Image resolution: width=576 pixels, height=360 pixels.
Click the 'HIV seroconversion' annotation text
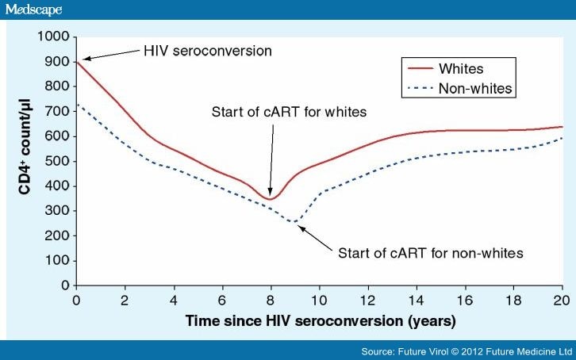[x=208, y=51]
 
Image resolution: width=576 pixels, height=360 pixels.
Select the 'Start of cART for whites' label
[x=289, y=112]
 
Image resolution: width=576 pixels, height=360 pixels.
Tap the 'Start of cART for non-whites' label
[x=431, y=254]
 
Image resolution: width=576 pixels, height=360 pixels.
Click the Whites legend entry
[x=460, y=68]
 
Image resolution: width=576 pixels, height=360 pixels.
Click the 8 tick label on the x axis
[x=271, y=301]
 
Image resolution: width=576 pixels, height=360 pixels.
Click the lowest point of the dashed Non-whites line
[x=295, y=221]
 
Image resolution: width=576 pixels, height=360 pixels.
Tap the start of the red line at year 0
[x=76, y=62]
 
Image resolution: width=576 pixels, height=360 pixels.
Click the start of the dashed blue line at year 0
[x=76, y=104]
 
